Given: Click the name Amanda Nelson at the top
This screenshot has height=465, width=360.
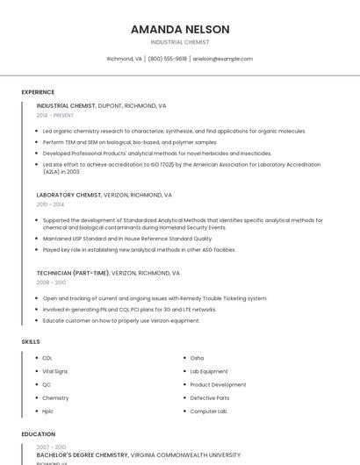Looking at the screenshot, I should [x=180, y=29].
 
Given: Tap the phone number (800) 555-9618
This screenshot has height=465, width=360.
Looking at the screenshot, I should [x=168, y=59].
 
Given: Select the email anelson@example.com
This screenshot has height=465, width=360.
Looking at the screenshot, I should [x=223, y=59].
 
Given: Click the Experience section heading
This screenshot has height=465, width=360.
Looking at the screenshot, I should [x=38, y=92].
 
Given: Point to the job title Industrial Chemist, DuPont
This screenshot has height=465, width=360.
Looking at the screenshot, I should [x=101, y=105].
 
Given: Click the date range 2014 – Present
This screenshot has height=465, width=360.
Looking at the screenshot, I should [x=55, y=115].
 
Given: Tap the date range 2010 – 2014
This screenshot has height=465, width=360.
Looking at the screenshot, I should [x=50, y=204].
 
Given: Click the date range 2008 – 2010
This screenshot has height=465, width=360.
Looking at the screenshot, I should [x=51, y=283].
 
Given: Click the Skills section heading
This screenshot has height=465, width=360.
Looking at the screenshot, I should [x=31, y=341].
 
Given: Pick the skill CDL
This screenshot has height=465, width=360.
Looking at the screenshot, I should [x=47, y=358].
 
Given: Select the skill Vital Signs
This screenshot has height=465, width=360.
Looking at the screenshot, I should [x=55, y=371].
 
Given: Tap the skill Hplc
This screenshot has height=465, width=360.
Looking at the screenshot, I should [x=48, y=411].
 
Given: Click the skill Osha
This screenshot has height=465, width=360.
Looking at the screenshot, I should [x=197, y=358].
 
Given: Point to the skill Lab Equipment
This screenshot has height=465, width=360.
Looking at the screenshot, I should [x=209, y=371].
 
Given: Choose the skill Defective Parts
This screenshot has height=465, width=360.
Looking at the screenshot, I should [x=210, y=397].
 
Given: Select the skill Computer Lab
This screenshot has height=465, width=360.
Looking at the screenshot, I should [x=209, y=411].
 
